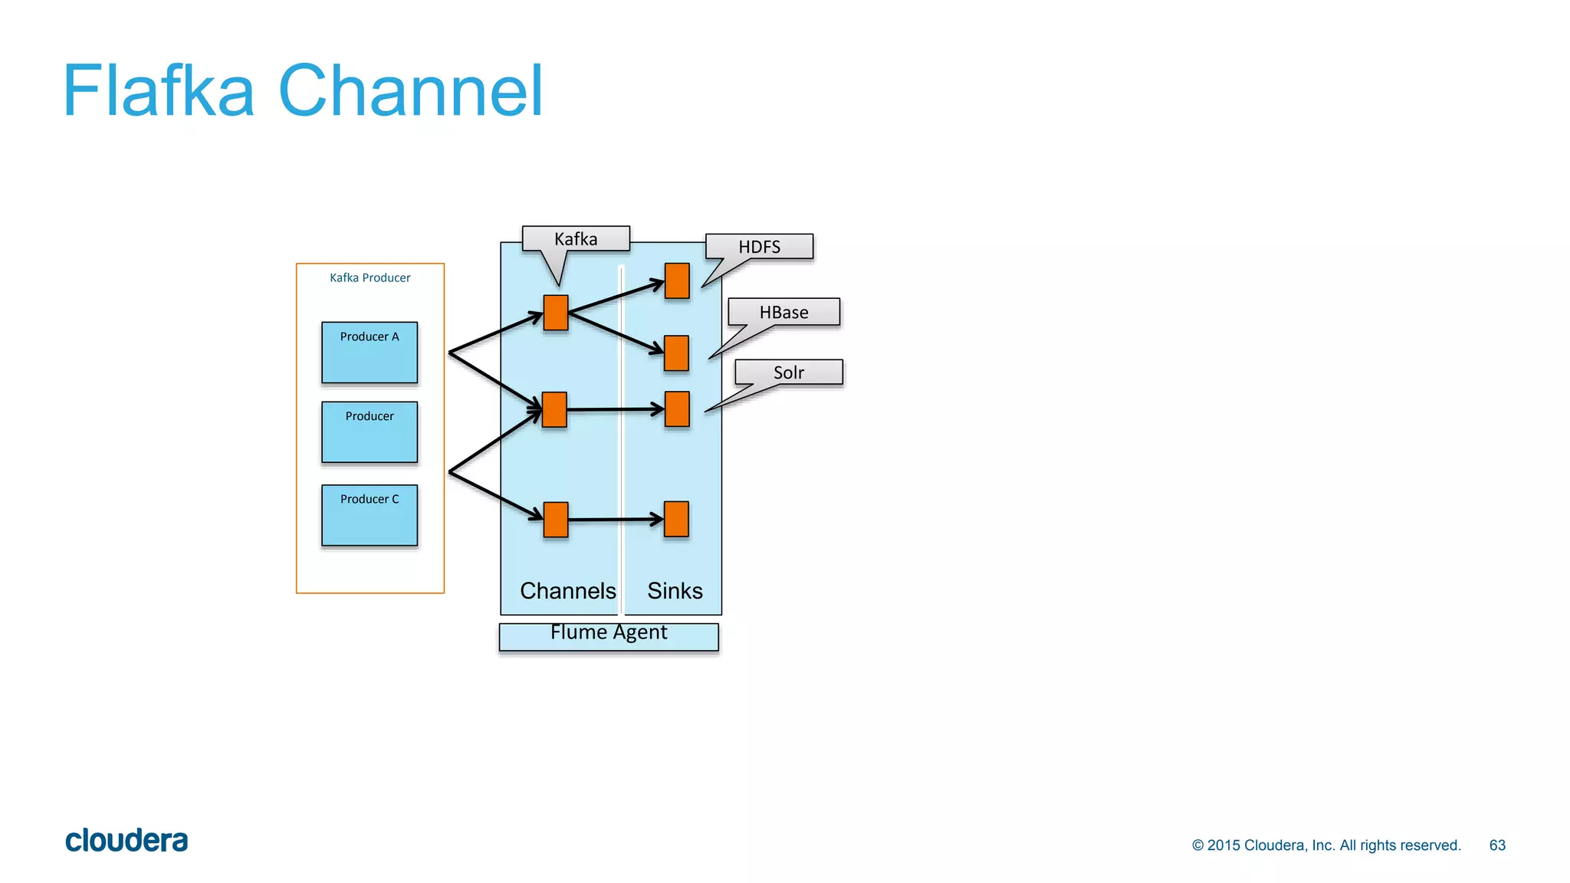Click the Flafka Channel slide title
[303, 91]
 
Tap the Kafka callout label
[576, 239]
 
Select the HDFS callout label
[759, 247]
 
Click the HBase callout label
[783, 312]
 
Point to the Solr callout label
[788, 373]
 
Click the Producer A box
[370, 353]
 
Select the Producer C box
[370, 515]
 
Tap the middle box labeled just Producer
[370, 432]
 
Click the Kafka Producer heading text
[370, 277]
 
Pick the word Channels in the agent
[567, 591]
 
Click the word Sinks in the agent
[675, 591]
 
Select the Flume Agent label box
[609, 636]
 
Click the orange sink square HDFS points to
[677, 281]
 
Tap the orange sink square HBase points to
[676, 353]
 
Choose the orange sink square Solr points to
[677, 409]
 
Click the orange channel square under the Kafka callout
[556, 313]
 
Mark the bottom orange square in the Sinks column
[676, 519]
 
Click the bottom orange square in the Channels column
[556, 520]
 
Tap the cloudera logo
[126, 841]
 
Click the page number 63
[1497, 845]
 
